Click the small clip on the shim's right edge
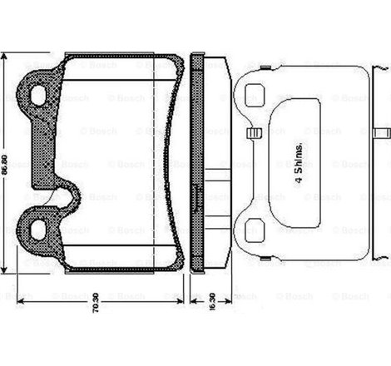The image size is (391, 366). (383, 132)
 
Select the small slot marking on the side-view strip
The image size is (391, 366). (197, 198)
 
